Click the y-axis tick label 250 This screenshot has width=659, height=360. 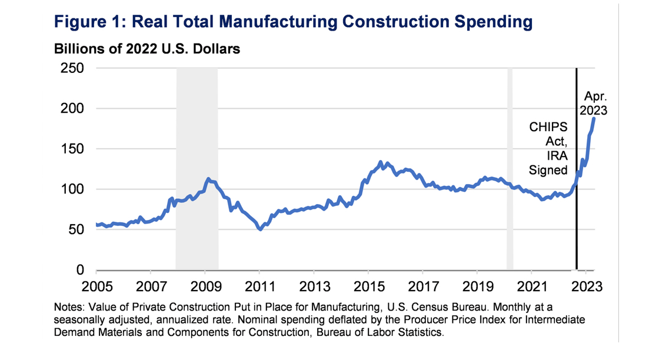point(72,68)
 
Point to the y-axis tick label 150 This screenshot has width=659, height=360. point(72,149)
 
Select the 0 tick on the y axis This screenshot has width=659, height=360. point(81,270)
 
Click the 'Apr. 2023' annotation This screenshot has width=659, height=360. point(595,103)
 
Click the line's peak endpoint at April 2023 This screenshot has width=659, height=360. point(594,119)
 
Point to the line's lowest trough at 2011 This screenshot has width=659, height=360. point(260,229)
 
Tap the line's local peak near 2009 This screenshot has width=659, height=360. point(208,178)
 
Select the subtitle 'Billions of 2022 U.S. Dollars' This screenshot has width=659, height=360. point(147,49)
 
